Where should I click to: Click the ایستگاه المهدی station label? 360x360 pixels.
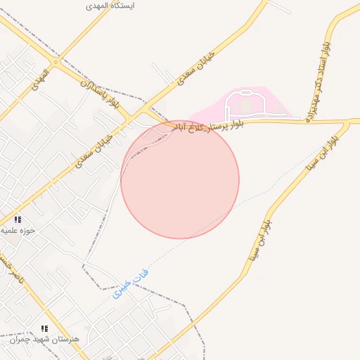click(110, 5)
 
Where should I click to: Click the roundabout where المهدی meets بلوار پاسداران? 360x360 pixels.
click(56, 62)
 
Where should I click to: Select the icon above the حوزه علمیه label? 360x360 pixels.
click(18, 219)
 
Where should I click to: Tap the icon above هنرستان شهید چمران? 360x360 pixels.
click(44, 328)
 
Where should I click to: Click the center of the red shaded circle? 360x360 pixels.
click(180, 179)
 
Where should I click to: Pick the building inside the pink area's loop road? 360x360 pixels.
click(245, 105)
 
